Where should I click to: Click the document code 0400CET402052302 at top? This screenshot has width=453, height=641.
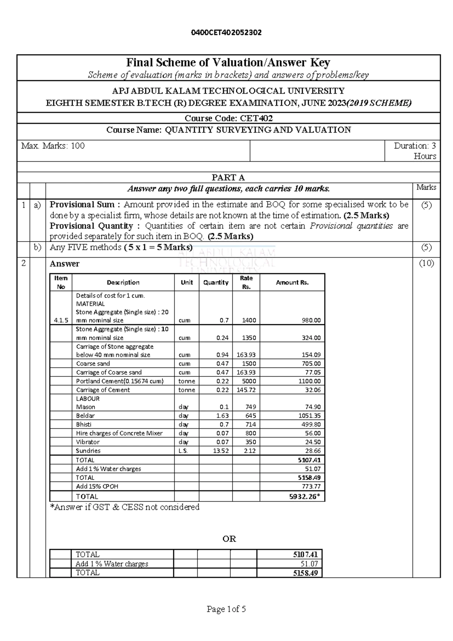point(226,33)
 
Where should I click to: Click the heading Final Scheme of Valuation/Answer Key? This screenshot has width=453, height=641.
point(228,62)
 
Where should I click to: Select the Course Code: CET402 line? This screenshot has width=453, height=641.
point(228,118)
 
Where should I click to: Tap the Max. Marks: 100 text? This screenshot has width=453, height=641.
point(53,146)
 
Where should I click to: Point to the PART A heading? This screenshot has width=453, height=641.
point(228,178)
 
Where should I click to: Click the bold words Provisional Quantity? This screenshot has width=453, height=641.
point(91,226)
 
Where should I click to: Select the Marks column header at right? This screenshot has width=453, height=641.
point(426,187)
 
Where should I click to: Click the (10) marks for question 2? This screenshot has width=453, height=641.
point(426,263)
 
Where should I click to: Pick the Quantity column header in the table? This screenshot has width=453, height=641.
point(216,282)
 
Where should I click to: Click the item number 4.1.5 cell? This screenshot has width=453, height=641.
point(61,320)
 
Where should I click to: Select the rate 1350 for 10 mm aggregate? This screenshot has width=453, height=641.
point(249,338)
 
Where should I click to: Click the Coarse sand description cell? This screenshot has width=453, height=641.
point(93,364)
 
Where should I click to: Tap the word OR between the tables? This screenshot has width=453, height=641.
point(229,539)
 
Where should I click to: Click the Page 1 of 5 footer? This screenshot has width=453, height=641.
point(226,609)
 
